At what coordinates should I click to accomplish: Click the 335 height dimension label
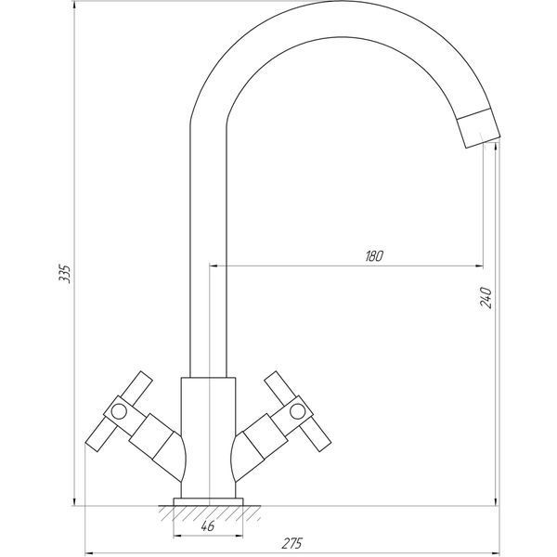coord(65,273)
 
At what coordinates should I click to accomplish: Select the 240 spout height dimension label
coord(486,298)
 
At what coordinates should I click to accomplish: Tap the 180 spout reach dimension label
coord(374,256)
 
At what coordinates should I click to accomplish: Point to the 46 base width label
coord(208,526)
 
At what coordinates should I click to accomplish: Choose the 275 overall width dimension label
coord(292,543)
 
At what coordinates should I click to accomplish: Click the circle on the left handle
coord(119,411)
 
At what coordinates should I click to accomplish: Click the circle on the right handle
coord(297,411)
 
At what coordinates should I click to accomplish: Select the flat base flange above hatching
coord(208,501)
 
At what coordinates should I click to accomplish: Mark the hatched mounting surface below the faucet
coord(210,513)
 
